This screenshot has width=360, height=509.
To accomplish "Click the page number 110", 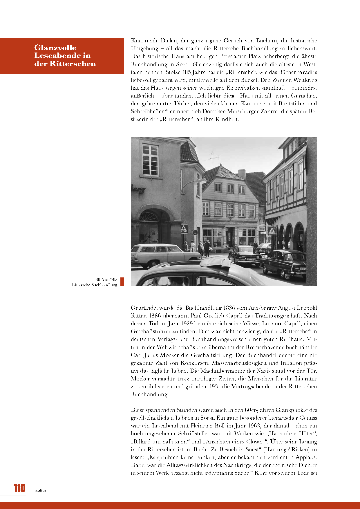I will tap(19, 488).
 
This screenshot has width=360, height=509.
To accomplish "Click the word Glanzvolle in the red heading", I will tap(55, 48).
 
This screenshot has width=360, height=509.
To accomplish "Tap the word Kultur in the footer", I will tap(40, 490).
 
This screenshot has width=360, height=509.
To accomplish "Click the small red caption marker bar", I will tap(122, 282).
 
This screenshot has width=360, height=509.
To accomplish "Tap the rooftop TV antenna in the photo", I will tap(212, 159).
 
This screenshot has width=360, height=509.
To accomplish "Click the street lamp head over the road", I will tap(201, 181).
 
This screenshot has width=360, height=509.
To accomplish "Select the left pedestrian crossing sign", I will tap(184, 229).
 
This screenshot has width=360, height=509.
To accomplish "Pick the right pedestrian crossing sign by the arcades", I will tap(272, 231).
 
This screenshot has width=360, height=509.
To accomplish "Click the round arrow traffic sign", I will tap(195, 232).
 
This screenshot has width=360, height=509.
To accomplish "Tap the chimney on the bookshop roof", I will tap(242, 174).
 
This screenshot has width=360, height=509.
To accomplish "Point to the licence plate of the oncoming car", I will tap(250, 260).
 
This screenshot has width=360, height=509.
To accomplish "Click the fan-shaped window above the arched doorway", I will tap(149, 216).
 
